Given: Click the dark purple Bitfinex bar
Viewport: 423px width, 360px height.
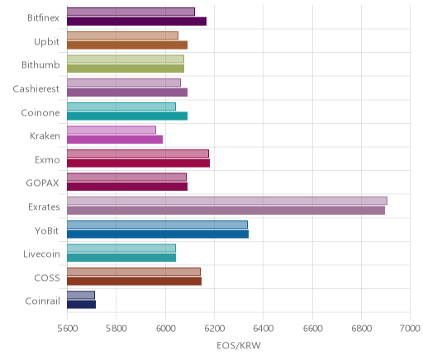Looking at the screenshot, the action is click(x=136, y=21).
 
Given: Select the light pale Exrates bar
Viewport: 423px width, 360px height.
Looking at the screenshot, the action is click(x=227, y=201).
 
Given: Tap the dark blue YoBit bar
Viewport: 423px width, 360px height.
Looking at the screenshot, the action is click(x=158, y=234).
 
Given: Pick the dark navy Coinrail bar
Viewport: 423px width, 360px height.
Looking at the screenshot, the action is click(x=81, y=305).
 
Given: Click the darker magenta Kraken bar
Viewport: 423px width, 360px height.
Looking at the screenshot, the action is click(x=115, y=140).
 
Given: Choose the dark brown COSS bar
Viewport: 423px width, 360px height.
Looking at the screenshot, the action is click(x=134, y=282).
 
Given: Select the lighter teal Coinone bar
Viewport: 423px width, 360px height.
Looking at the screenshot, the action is click(x=121, y=107).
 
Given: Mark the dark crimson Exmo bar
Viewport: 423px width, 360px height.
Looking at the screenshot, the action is click(x=138, y=163).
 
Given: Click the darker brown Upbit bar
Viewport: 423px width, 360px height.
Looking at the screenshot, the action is click(x=127, y=45).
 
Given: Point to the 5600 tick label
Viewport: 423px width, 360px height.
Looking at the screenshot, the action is click(x=67, y=329).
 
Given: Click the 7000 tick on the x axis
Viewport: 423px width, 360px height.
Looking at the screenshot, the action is click(x=410, y=329).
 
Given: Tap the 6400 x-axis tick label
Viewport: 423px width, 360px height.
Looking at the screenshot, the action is click(x=263, y=329).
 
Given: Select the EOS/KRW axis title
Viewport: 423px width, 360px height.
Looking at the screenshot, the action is click(x=239, y=346).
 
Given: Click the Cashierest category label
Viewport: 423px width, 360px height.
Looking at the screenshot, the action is click(x=36, y=89).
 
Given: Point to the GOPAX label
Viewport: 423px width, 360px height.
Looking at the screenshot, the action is click(x=42, y=183).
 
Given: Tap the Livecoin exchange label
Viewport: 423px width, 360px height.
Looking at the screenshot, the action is click(x=41, y=253).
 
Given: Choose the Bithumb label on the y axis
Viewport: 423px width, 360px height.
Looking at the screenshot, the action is click(x=40, y=65).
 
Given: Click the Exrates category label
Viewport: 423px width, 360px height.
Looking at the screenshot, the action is click(x=44, y=206).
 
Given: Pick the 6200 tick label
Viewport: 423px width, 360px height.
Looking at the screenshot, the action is click(x=214, y=329).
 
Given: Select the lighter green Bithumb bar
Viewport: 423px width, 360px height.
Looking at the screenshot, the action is click(x=126, y=59).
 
